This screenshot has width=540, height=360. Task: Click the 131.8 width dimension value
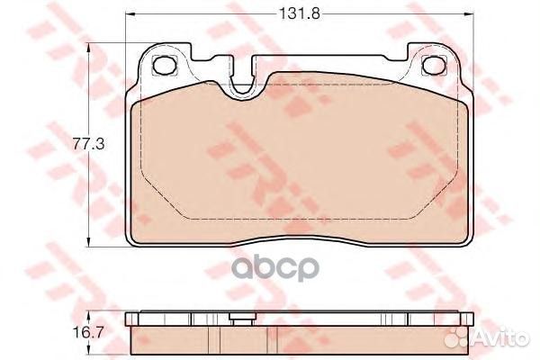299,14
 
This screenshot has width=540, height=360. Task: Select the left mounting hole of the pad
164,66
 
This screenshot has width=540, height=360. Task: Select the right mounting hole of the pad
434,65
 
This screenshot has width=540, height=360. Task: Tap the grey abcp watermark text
274,269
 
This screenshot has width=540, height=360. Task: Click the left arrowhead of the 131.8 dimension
129,14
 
